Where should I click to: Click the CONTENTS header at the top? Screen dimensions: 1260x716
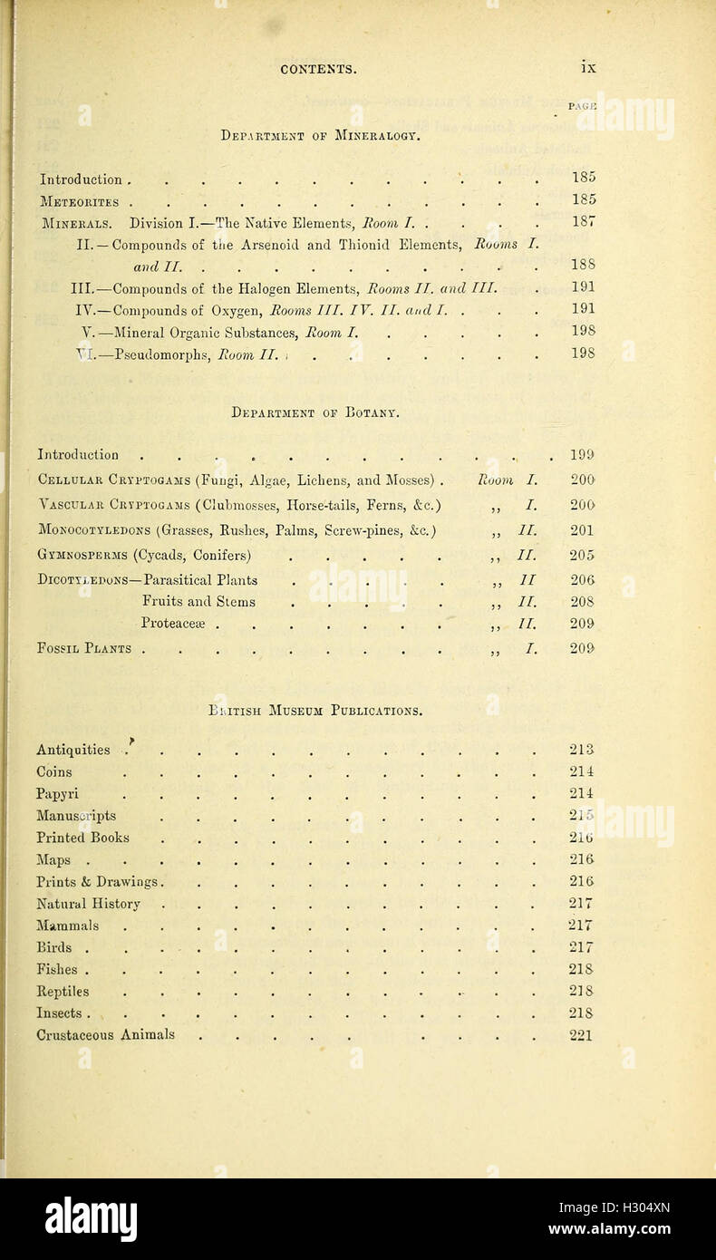318,68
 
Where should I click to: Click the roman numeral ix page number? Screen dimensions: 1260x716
588,67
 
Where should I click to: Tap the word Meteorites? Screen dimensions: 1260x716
78,200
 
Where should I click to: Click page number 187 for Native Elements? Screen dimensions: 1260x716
583,223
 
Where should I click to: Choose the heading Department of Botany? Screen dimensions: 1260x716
315,412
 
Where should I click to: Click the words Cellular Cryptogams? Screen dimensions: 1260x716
113,480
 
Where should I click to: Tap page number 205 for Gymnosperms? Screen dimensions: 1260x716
582,555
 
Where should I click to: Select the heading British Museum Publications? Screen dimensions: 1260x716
314,711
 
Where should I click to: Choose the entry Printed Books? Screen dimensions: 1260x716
82,838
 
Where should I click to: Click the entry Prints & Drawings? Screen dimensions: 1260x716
99,881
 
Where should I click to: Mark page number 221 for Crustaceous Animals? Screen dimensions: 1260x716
581,1034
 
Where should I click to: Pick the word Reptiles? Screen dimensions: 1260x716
63,991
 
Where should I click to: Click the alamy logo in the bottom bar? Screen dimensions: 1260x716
91,1219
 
